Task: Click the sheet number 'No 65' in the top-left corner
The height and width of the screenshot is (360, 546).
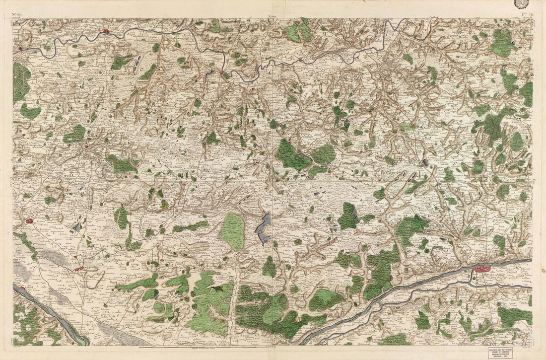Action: (16, 15)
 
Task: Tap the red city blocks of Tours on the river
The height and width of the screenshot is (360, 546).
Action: (482, 269)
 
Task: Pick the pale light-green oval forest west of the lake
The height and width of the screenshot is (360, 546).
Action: (232, 231)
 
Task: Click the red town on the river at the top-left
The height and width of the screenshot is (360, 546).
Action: (106, 32)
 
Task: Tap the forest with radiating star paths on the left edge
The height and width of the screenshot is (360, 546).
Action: (21, 82)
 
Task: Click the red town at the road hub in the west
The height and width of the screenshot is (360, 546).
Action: (86, 146)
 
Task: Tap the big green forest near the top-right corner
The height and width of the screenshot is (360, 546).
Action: (502, 42)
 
